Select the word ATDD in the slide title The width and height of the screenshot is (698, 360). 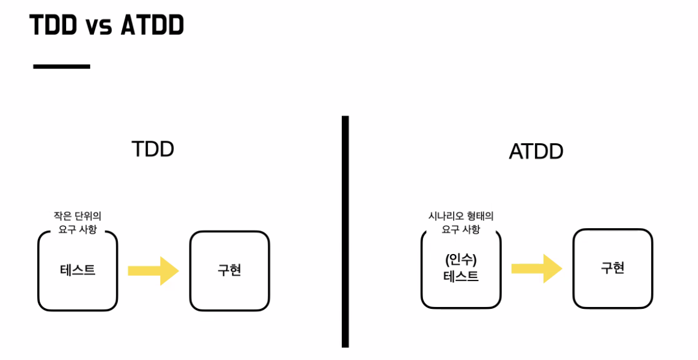152,25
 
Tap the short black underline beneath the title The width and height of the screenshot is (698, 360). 61,66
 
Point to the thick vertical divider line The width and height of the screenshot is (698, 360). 345,232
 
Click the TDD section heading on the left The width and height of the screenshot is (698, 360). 153,149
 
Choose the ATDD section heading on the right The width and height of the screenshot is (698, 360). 536,152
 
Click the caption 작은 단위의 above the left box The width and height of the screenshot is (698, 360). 78,216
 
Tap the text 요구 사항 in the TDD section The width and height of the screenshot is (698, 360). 78,229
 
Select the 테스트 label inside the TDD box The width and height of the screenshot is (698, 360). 78,270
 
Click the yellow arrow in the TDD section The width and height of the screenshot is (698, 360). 153,270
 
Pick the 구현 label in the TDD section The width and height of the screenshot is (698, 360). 229,270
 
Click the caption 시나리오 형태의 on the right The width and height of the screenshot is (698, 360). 461,216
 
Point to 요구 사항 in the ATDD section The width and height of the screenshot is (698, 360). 461,229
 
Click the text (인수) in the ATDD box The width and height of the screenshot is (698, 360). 461,260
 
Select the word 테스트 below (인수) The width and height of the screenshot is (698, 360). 461,277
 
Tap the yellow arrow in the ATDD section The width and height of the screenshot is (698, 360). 536,268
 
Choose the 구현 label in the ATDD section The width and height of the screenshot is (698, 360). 613,268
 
